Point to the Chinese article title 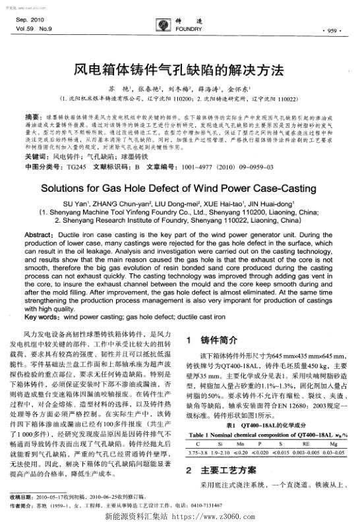coord(180,69)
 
